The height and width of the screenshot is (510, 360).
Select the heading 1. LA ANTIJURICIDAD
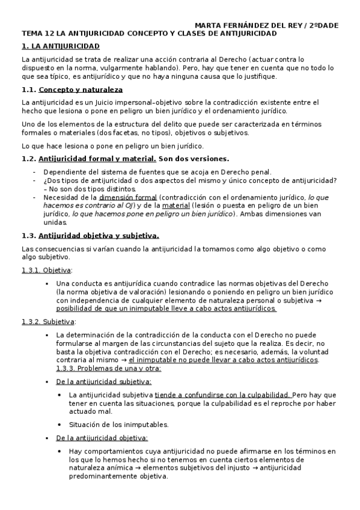(x=61, y=46)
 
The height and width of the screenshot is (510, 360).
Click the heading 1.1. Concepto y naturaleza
(x=72, y=89)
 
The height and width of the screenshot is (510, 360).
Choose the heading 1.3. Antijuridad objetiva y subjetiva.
(x=90, y=236)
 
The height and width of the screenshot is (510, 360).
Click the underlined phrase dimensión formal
(x=128, y=197)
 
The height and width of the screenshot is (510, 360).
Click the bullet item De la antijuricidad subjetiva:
(x=103, y=381)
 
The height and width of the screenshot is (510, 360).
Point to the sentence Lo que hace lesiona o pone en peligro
(x=112, y=146)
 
